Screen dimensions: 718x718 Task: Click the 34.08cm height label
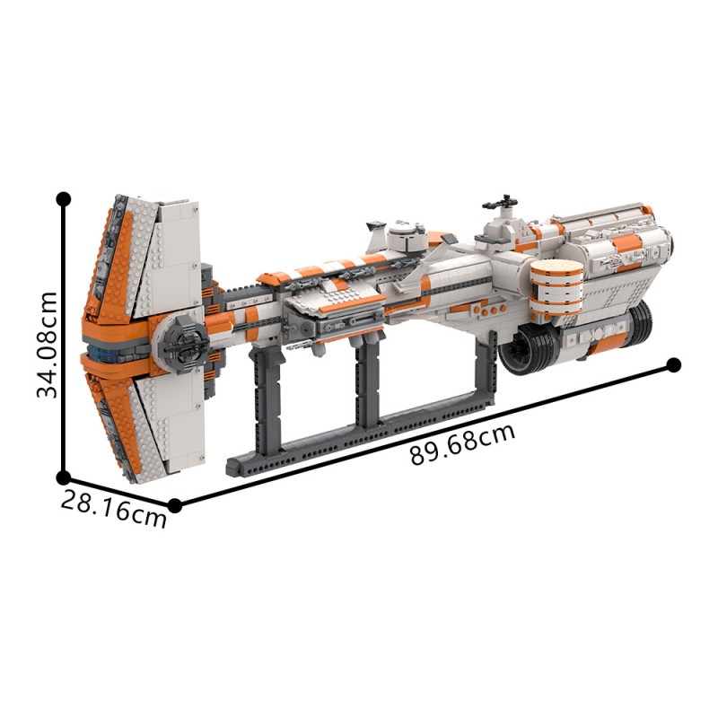(x=48, y=345)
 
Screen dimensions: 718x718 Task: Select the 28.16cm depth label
(x=114, y=509)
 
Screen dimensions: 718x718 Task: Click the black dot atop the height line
(x=63, y=199)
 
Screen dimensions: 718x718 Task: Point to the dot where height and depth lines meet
(x=63, y=477)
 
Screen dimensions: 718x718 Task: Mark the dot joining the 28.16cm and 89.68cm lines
(x=174, y=505)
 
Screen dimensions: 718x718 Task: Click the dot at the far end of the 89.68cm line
(x=674, y=365)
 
